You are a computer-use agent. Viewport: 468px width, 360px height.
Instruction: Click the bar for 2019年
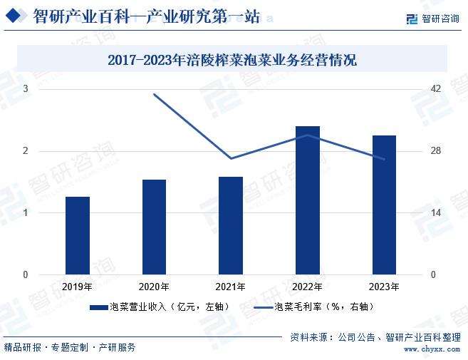pos(78,235)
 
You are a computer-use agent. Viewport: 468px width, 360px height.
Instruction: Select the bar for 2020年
pos(154,227)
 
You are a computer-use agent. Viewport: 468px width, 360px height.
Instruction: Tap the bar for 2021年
pos(231,225)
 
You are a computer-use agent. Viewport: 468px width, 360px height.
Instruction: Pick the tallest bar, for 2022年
pos(308,200)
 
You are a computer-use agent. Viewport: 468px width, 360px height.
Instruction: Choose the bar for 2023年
pos(384,205)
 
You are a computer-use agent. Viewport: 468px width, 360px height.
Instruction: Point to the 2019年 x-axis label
pos(77,287)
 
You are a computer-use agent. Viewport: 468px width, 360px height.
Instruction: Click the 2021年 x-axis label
pos(231,287)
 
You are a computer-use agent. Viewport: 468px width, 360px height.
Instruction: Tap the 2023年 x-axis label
pos(384,287)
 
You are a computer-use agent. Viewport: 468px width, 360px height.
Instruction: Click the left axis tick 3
pos(26,89)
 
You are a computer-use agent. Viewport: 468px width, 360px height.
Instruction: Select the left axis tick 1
pos(26,213)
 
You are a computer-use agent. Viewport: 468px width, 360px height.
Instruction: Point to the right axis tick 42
pos(437,89)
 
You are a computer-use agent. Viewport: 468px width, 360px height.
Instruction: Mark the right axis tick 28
pos(437,151)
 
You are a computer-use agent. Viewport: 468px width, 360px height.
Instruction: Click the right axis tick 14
pos(437,213)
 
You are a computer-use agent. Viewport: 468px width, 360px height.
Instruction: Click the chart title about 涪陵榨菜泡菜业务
pos(232,61)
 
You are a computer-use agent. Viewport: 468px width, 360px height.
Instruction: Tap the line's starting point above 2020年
pos(155,94)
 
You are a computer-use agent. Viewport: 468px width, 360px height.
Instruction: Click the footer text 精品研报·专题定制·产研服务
pos(70,348)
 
